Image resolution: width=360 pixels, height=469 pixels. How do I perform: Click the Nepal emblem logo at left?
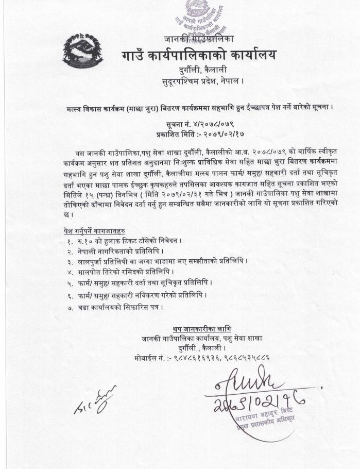click(x=82, y=51)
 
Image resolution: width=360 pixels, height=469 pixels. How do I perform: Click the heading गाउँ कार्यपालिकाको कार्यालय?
click(x=199, y=54)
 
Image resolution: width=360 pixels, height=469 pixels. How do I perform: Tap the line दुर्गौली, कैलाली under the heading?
click(x=199, y=70)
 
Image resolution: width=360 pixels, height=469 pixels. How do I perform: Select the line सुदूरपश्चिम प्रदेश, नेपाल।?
click(x=199, y=80)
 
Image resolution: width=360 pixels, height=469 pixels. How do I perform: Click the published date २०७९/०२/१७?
click(x=216, y=133)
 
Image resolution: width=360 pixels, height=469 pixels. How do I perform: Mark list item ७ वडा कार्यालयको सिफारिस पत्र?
click(x=118, y=308)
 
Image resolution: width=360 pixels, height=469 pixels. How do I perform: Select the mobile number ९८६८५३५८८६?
click(x=245, y=357)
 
